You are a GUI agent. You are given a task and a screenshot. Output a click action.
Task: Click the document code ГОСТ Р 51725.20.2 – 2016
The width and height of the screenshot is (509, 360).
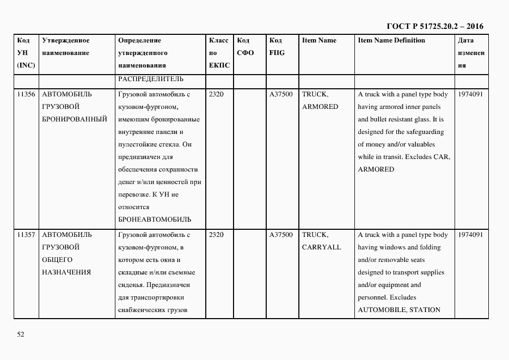[x=434, y=26]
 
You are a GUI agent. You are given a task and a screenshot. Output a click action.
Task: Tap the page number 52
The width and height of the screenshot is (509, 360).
[x=21, y=334]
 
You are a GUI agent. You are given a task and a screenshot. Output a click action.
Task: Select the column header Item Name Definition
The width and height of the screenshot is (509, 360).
[x=391, y=40]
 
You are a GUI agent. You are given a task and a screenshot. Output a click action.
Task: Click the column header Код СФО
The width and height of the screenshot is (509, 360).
[x=246, y=47]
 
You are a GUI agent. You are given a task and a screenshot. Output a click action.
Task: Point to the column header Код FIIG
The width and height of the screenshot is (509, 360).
[x=277, y=47]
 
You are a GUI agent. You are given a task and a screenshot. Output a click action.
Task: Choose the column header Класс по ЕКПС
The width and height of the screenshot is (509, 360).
[x=219, y=53]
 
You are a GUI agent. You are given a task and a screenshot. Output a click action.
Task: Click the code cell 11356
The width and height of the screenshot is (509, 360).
[x=26, y=94]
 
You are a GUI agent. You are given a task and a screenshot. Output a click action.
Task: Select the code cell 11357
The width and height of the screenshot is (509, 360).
[x=26, y=235]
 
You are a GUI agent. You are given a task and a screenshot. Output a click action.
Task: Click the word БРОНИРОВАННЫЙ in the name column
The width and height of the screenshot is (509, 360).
[x=75, y=119]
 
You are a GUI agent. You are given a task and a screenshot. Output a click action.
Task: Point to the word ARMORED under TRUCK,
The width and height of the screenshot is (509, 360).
[x=320, y=107]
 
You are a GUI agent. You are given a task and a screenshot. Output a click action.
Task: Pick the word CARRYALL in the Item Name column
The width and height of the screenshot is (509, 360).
[x=321, y=247]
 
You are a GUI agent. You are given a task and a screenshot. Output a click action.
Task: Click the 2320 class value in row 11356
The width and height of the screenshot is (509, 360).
[x=216, y=94]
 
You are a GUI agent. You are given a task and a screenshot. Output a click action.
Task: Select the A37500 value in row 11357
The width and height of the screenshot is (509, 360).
[x=281, y=235]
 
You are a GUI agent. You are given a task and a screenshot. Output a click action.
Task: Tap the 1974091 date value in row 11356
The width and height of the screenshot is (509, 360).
[x=471, y=94]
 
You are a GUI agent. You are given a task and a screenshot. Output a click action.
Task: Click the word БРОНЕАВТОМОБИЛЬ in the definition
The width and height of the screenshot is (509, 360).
[x=154, y=219]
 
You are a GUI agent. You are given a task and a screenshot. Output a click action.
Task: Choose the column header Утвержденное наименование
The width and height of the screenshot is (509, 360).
[x=65, y=47]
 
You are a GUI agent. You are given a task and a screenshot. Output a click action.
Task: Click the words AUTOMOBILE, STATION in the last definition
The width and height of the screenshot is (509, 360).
[x=398, y=310]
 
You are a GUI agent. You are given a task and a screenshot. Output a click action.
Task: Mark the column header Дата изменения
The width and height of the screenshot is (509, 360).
[x=471, y=53]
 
